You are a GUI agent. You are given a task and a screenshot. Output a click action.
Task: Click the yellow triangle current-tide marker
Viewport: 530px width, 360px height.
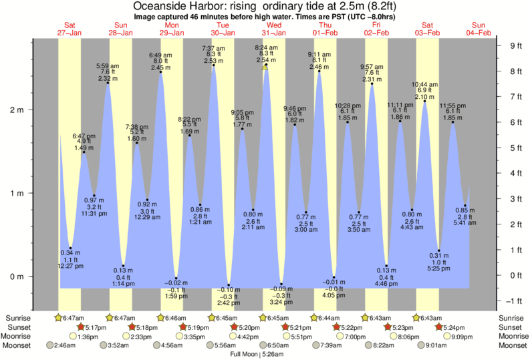click(x=265, y=67)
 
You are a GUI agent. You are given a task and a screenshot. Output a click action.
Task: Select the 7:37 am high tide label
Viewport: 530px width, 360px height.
click(x=214, y=48)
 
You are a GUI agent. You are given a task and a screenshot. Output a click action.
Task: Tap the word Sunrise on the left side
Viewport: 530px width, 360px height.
click(x=18, y=318)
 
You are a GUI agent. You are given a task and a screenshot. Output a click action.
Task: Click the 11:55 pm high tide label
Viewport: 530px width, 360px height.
click(x=452, y=106)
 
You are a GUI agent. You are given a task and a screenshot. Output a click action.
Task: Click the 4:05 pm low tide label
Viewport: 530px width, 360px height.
click(x=334, y=295)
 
